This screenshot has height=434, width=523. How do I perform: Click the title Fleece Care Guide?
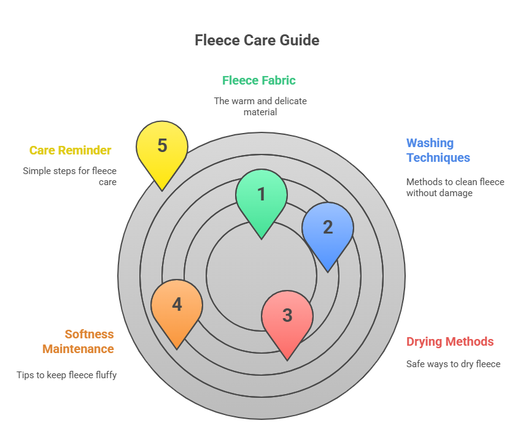257,40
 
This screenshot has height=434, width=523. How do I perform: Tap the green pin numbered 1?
261,195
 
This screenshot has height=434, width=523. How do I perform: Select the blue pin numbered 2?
328,227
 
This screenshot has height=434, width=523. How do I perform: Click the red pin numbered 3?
287,316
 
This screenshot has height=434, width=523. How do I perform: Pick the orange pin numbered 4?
177,305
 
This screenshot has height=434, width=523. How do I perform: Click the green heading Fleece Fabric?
259,80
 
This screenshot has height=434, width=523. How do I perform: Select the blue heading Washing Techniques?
438,150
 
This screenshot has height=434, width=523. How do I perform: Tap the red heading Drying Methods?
450,341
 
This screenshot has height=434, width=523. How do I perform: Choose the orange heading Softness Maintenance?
78,341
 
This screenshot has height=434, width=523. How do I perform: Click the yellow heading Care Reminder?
70,150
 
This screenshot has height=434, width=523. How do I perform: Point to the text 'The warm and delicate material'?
260,106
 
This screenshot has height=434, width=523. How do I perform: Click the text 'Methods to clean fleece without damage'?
455,187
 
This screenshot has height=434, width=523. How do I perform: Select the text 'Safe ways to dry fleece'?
453,364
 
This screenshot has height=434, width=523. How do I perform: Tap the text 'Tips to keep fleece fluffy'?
66,375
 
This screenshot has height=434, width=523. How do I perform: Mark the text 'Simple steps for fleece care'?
69,177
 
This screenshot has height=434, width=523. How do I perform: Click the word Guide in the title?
298,40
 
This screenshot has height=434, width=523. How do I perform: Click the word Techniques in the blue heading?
438,158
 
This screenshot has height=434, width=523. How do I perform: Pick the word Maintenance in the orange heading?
78,349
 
